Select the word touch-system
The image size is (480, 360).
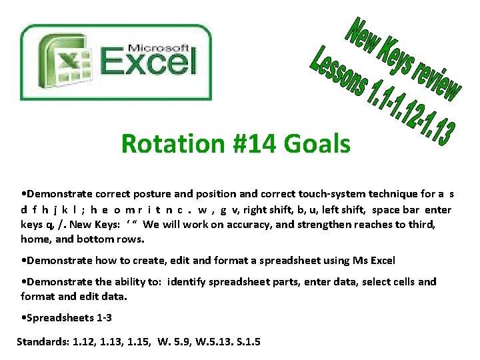tap(323, 195)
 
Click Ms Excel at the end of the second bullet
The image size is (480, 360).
tap(375, 260)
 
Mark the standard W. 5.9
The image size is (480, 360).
tap(175, 342)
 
